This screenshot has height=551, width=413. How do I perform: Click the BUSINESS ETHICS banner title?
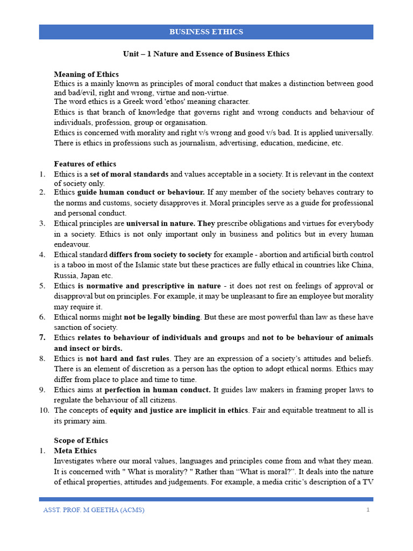(x=206, y=32)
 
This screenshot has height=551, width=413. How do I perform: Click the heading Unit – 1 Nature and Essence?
(x=206, y=54)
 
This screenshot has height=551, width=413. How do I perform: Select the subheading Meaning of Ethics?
(x=86, y=74)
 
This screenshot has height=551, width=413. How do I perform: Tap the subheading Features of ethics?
(x=85, y=164)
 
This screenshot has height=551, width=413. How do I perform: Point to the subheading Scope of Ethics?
(x=81, y=440)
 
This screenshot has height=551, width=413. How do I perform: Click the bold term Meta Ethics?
(x=75, y=450)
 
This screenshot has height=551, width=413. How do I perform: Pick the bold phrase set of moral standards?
(x=130, y=174)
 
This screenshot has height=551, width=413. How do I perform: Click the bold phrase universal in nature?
(x=160, y=223)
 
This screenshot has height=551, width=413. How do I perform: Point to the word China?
(x=361, y=265)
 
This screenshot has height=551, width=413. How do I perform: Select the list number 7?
(x=42, y=338)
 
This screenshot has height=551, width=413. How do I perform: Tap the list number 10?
(x=44, y=411)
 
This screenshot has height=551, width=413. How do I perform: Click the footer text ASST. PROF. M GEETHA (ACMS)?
(x=94, y=510)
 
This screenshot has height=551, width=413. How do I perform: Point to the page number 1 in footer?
(x=368, y=510)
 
